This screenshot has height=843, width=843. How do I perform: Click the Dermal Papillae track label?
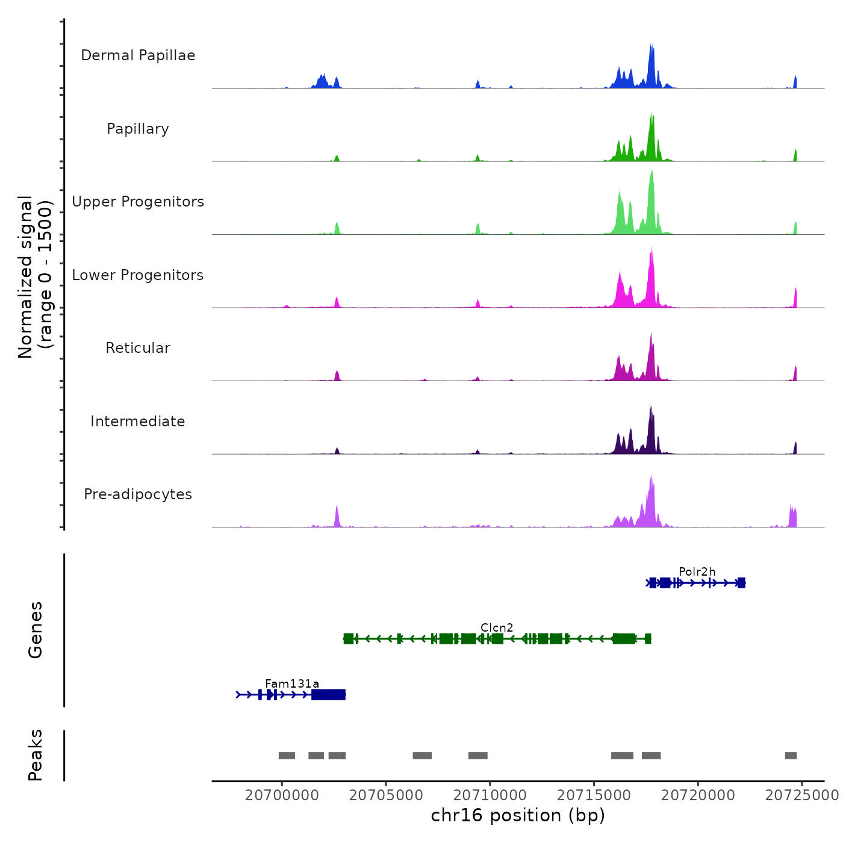(138, 55)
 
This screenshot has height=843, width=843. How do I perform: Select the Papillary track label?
(138, 129)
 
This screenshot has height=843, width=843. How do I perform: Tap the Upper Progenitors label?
(138, 202)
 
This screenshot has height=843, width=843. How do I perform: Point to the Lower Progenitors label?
(138, 275)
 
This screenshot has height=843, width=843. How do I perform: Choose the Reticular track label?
(138, 348)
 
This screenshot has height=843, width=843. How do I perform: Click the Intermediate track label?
(138, 421)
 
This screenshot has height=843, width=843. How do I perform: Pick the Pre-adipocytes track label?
(138, 494)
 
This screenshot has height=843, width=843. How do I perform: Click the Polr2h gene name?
(697, 571)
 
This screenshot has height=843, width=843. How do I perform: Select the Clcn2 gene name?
(497, 627)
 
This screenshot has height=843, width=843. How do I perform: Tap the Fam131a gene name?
(292, 683)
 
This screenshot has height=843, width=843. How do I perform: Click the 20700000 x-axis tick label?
(282, 795)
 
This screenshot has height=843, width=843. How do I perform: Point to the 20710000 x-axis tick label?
(490, 795)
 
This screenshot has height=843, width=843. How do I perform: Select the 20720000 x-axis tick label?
(698, 795)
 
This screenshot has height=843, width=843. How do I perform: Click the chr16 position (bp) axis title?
(518, 815)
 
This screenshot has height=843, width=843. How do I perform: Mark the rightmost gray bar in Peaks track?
(791, 756)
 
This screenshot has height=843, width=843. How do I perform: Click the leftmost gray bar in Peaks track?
(287, 756)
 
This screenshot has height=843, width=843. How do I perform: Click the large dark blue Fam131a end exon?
(328, 695)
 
